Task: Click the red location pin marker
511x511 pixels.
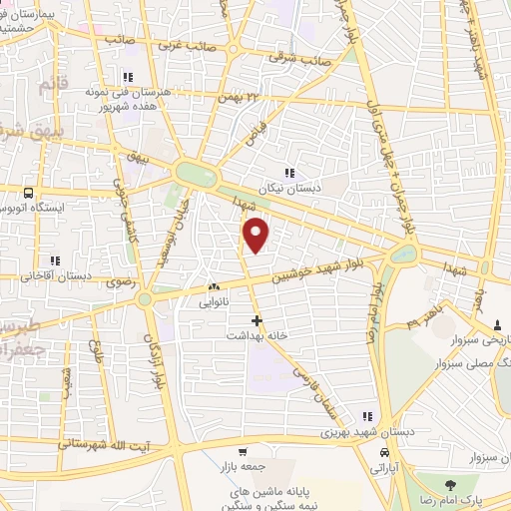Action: tap(257, 235)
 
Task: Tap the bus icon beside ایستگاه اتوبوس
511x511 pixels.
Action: tap(27, 193)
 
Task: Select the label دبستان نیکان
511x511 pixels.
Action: tap(288, 187)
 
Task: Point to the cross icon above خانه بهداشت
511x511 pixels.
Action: tap(257, 320)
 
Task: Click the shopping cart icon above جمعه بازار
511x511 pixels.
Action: tap(241, 451)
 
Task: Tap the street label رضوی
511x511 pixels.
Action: tap(117, 283)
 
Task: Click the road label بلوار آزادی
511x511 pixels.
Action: tap(157, 350)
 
